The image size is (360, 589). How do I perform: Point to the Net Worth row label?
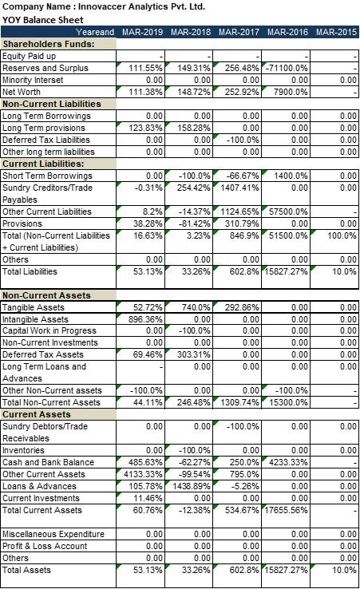click(23, 92)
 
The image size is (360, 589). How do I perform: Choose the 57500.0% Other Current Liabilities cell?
click(289, 211)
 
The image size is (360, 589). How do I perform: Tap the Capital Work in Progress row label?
click(50, 331)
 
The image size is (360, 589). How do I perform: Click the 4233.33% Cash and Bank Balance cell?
click(289, 462)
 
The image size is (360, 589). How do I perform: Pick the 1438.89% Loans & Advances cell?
click(192, 486)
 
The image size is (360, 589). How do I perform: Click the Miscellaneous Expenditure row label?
click(53, 534)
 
